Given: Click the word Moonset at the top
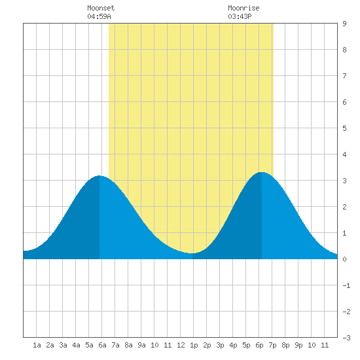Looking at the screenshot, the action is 101,8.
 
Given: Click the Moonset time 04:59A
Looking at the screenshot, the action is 99,16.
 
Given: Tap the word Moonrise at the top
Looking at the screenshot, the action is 243,8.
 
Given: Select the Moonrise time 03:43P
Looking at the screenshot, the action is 240,16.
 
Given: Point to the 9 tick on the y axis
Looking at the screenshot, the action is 344,24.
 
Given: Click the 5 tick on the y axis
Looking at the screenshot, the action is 344,128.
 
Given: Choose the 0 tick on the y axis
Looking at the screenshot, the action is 344,259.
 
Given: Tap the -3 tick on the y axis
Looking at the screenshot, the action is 346,338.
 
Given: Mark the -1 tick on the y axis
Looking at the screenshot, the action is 346,285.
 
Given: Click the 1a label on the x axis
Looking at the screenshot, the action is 37,345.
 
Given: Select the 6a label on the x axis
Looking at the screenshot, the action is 102,345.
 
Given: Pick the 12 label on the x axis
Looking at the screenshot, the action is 181,345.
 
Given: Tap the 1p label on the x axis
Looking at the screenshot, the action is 194,345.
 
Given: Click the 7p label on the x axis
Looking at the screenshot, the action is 272,345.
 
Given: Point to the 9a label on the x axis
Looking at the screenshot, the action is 141,345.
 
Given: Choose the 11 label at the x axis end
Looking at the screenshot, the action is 325,345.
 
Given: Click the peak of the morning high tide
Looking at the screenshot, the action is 99,175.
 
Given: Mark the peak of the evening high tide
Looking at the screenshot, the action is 262,172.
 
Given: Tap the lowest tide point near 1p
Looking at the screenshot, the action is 192,253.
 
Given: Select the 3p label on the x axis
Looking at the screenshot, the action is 220,345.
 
